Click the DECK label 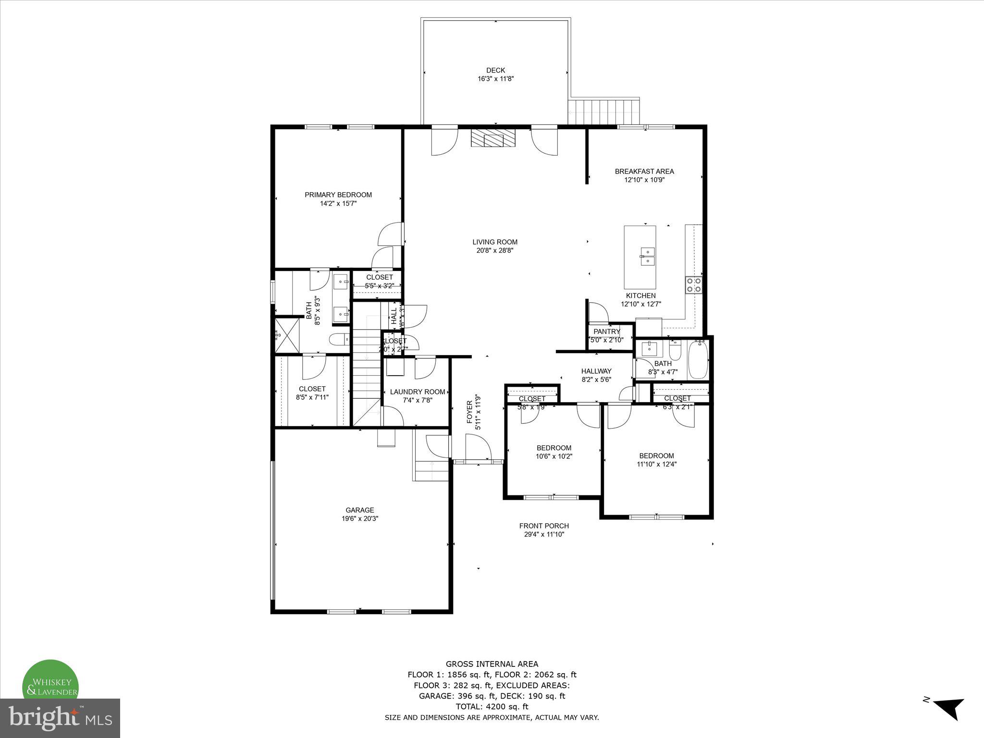pos(495,70)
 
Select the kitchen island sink pos(647,256)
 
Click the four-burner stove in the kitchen pos(693,285)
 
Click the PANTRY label pos(607,332)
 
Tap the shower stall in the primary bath pos(287,335)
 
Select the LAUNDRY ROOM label pos(418,392)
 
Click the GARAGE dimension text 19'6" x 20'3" pos(360,519)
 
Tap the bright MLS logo pos(60,718)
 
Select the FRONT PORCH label pos(544,526)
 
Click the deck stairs pos(604,111)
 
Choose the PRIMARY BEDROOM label pos(338,195)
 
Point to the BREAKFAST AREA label pos(644,171)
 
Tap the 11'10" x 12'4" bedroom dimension pos(656,464)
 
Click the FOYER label pos(469,412)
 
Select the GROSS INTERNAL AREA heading pos(492,664)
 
